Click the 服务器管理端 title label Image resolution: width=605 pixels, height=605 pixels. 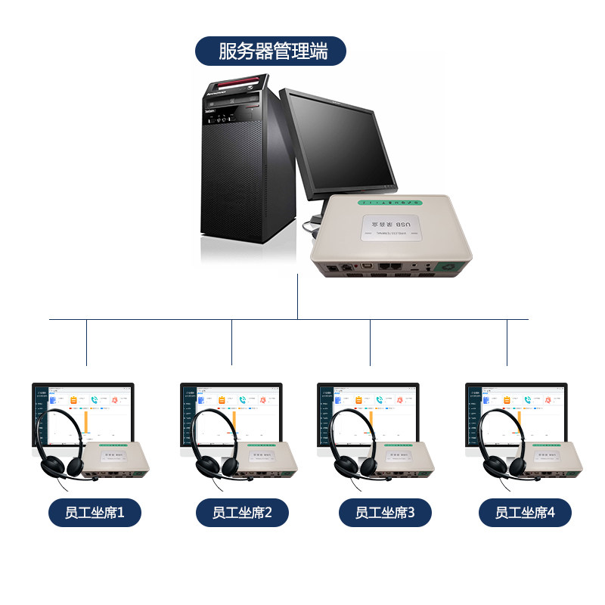tap(271, 51)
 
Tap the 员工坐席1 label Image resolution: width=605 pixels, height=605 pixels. tap(95, 513)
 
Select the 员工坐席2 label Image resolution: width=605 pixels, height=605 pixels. tap(242, 513)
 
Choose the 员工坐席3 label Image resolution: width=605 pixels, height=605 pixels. tap(385, 513)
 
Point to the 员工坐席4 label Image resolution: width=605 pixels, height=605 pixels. tap(525, 513)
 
